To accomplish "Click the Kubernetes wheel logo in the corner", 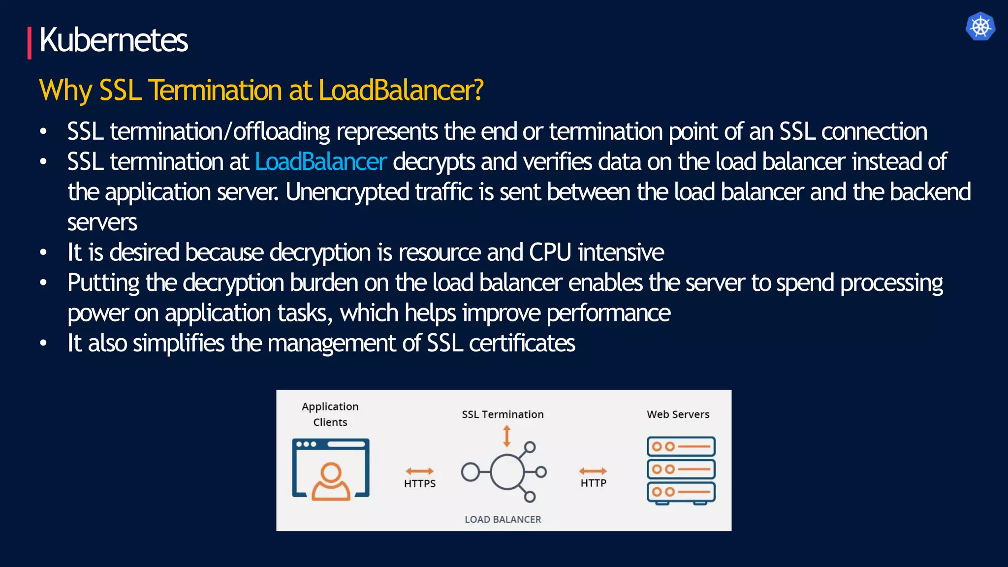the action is (x=980, y=26).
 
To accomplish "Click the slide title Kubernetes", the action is (x=113, y=40).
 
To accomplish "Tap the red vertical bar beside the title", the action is (x=30, y=43).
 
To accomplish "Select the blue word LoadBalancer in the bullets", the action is (x=320, y=162).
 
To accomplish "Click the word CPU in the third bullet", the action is (x=550, y=252).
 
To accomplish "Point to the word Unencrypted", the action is (x=347, y=192).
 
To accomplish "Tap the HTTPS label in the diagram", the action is (x=420, y=483).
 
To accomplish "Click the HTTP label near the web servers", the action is (x=593, y=483).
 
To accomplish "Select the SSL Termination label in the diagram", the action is (x=503, y=414).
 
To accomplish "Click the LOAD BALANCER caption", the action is (x=503, y=519).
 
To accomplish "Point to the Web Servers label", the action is (x=678, y=414).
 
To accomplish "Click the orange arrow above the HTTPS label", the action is (x=420, y=471).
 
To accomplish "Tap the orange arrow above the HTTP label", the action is (x=593, y=471).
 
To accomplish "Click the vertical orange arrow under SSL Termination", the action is (x=506, y=436).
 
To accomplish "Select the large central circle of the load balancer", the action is (x=506, y=472).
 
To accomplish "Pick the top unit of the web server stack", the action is (x=681, y=447).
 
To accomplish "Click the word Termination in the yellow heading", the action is (x=215, y=90).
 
